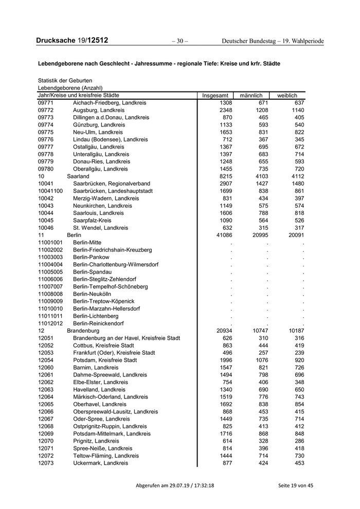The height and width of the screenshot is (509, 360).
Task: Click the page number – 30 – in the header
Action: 179,41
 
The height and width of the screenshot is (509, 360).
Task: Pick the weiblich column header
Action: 287,96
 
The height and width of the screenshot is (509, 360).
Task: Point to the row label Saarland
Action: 78,176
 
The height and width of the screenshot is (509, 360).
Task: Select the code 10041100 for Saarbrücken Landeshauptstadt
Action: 50,191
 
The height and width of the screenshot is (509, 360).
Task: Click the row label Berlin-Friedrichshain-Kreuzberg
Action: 113,249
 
